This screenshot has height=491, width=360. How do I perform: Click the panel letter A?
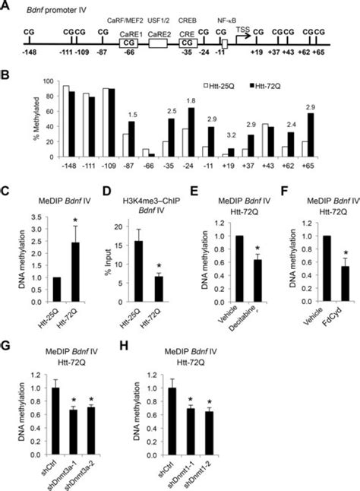pyautogui.click(x=6, y=7)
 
